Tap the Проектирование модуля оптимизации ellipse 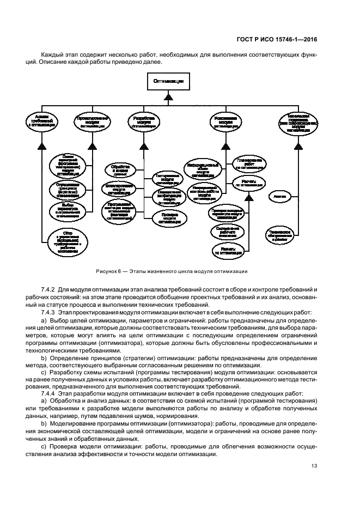pyautogui.click(x=90, y=122)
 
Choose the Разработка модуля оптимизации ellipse pyautogui.click(x=144, y=122)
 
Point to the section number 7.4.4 pyautogui.click(x=50, y=392)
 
